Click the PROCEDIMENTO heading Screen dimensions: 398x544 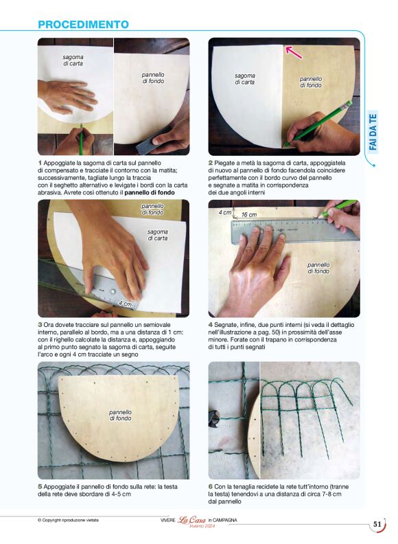tap(83, 24)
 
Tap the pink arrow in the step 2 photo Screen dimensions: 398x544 tap(293, 52)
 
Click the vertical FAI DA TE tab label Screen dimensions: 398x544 tap(373, 132)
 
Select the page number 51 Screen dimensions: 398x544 tap(377, 524)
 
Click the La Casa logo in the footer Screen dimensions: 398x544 tap(191, 520)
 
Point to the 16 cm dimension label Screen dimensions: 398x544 tap(249, 215)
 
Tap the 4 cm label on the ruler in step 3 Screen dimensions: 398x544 tap(125, 304)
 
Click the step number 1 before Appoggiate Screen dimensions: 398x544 tap(40, 163)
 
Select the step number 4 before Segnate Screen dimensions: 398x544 tap(211, 325)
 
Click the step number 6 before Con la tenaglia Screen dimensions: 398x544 tap(211, 487)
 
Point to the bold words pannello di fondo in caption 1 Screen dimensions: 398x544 tap(150, 192)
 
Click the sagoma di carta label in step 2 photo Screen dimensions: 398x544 tap(245, 79)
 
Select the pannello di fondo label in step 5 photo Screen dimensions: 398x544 tap(120, 416)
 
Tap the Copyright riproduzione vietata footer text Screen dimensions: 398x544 tap(68, 520)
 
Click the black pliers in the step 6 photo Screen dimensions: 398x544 tap(214, 418)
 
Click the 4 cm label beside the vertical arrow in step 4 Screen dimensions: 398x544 tap(225, 212)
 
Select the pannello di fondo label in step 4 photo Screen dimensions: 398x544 tap(318, 268)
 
